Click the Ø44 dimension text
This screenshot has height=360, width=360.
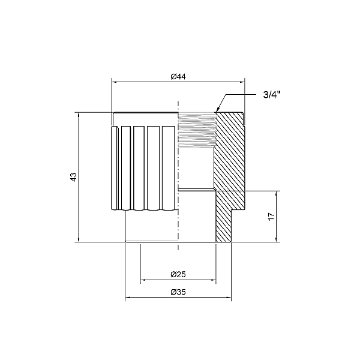coord(178,76)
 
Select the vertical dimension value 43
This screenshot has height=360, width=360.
coord(73,177)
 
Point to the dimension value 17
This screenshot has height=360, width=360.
coord(271,217)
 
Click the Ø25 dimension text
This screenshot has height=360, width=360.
coord(178,274)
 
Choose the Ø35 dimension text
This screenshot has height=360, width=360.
coord(178,292)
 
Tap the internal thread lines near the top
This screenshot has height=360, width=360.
coord(197,129)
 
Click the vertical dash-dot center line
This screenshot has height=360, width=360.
coord(179,180)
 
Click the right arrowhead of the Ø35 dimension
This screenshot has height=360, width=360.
coord(228,298)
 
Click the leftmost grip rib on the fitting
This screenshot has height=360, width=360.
coord(115,168)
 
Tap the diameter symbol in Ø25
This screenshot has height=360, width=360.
coord(173,274)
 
